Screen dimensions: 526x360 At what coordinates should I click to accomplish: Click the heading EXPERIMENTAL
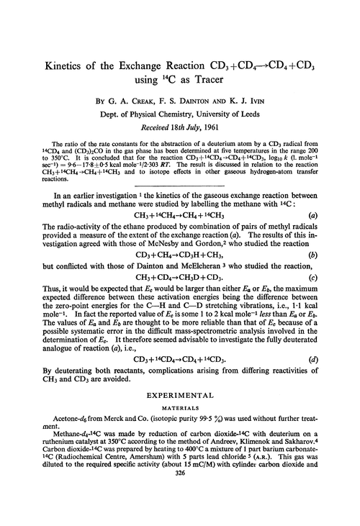180,395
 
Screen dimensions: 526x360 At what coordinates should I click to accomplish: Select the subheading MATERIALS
180,408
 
